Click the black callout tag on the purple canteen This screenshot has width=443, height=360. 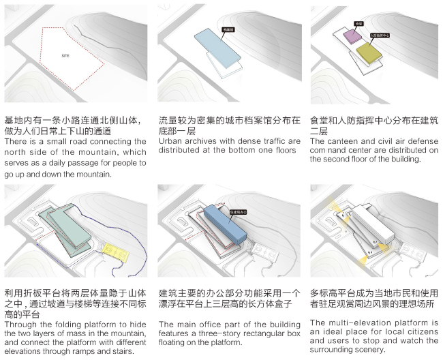pyautogui.click(x=358, y=24)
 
